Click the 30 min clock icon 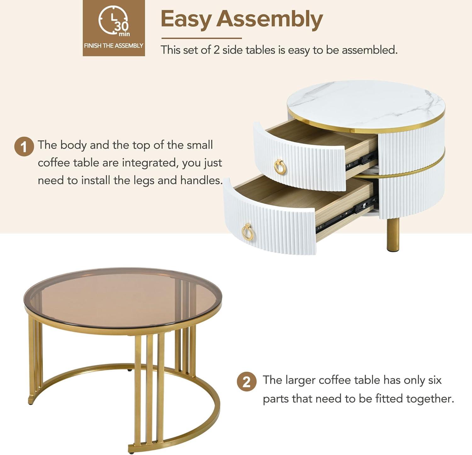click(114, 21)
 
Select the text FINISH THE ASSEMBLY click(114, 46)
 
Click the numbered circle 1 click(24, 147)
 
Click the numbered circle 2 click(246, 382)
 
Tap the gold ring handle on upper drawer click(280, 167)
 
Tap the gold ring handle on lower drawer click(248, 233)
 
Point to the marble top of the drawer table click(365, 104)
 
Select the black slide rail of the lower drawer click(346, 217)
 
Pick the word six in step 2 click(435, 380)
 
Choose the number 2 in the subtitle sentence click(216, 50)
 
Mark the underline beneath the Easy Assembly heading click(201, 38)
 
